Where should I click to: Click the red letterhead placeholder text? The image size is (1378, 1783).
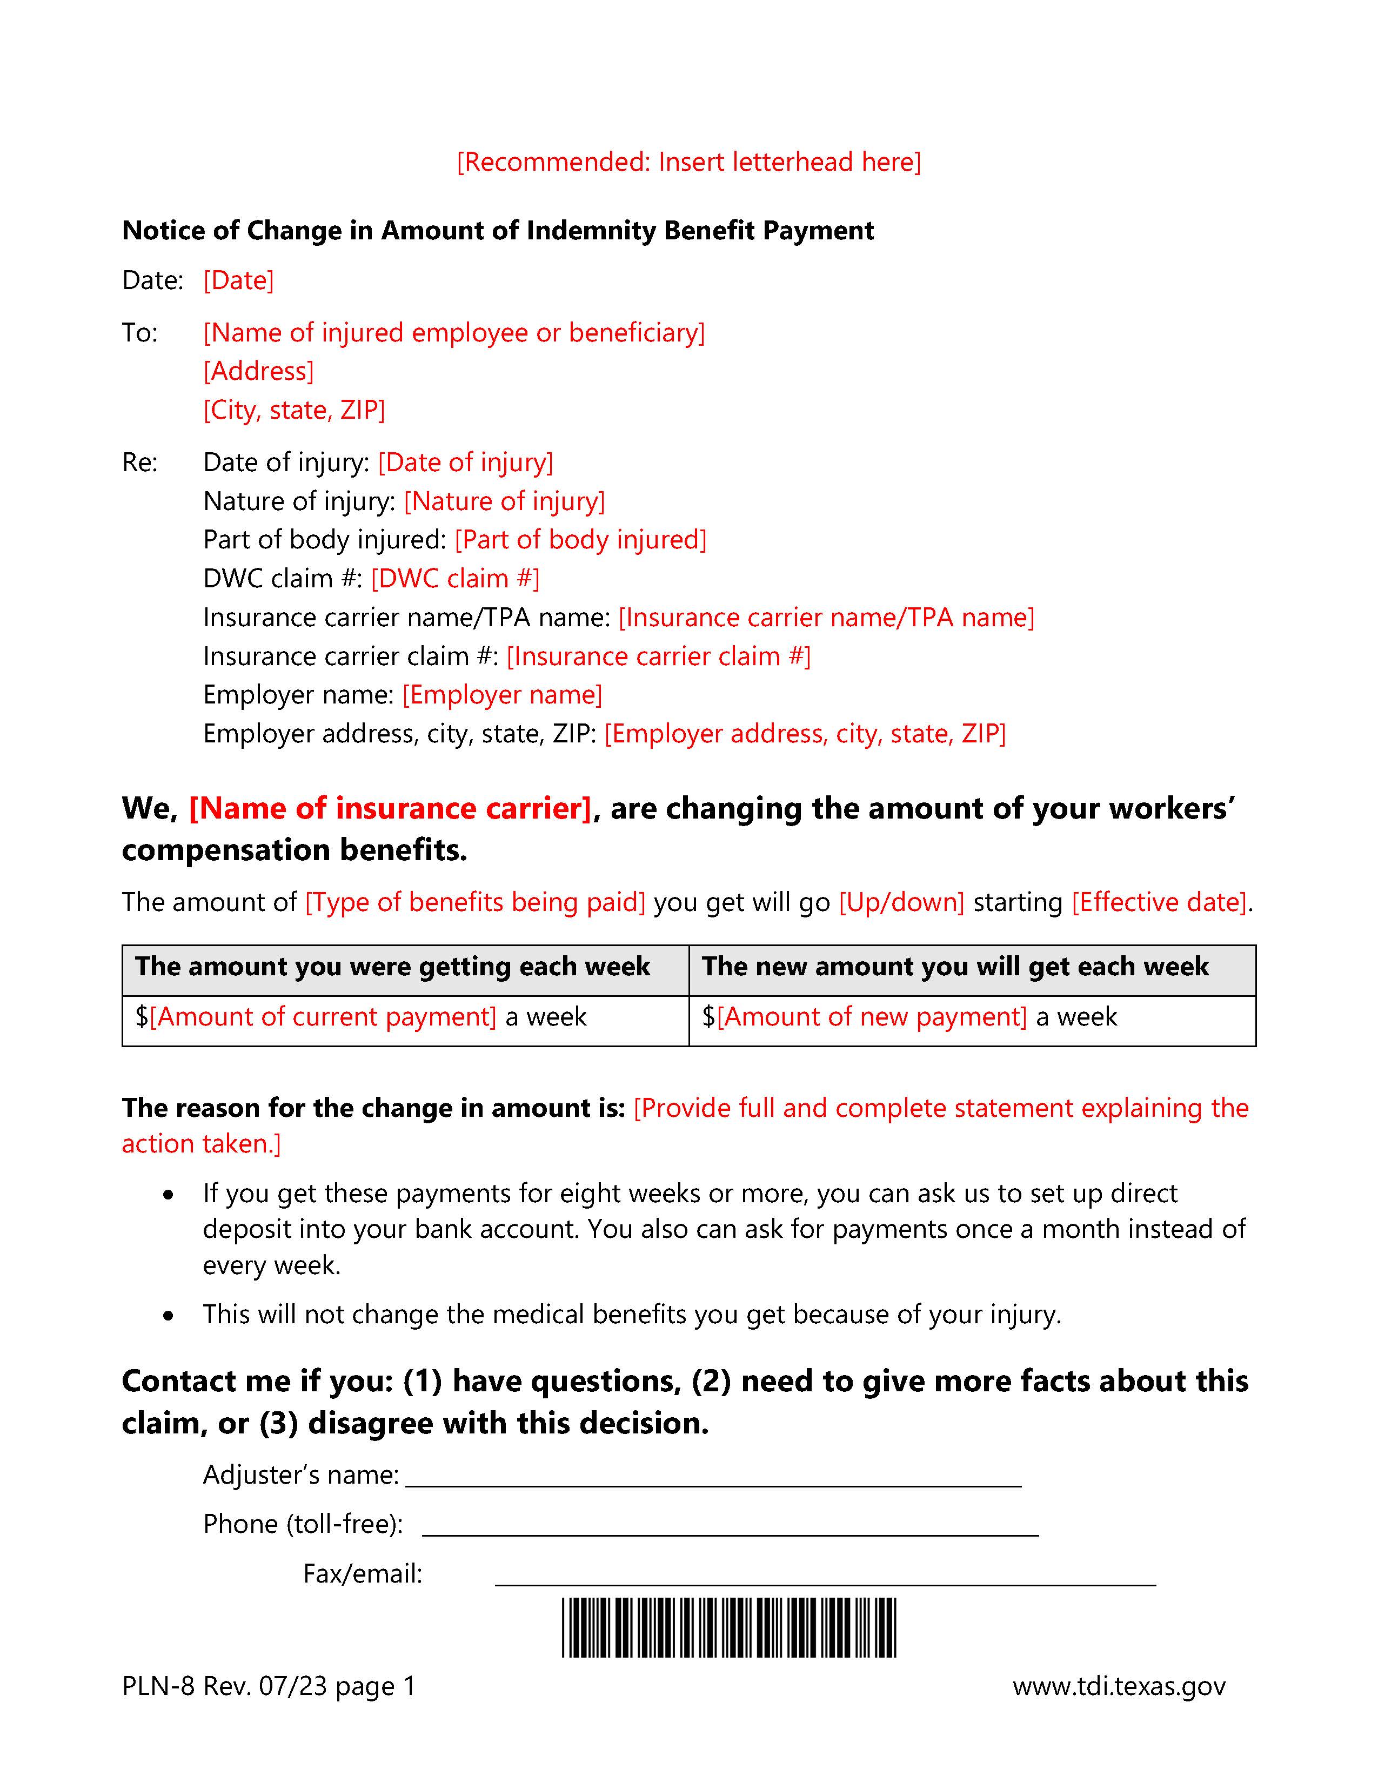(x=688, y=162)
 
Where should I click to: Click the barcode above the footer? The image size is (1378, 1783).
(x=728, y=1627)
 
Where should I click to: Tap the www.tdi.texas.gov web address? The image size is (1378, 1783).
(x=1119, y=1686)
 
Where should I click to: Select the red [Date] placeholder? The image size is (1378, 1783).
(x=238, y=280)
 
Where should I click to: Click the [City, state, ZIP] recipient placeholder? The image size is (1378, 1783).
(x=294, y=409)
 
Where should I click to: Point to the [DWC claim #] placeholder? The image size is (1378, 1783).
(x=454, y=578)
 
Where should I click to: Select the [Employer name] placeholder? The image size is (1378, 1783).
(x=502, y=694)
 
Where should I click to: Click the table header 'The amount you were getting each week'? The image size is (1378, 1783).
(x=393, y=967)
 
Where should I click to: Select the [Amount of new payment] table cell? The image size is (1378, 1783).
(x=871, y=1016)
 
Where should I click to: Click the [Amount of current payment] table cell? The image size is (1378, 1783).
(x=323, y=1016)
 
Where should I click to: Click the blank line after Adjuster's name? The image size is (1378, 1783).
(x=713, y=1478)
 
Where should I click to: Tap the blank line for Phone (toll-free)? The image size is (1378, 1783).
(x=730, y=1527)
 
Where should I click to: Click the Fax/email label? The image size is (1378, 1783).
(x=363, y=1574)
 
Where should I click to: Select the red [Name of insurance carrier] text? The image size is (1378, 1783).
(x=390, y=808)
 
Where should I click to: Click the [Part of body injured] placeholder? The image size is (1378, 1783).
(x=580, y=540)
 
